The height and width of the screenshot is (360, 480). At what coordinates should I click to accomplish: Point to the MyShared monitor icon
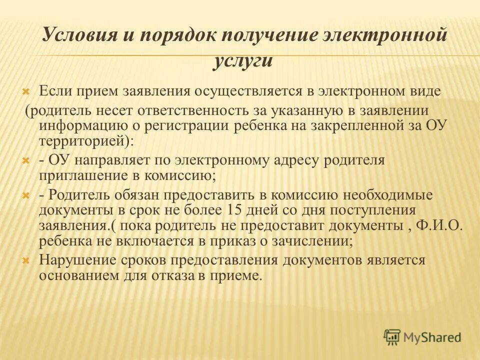tap(392, 336)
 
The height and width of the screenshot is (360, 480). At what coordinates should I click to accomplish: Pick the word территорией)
tap(86, 140)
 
